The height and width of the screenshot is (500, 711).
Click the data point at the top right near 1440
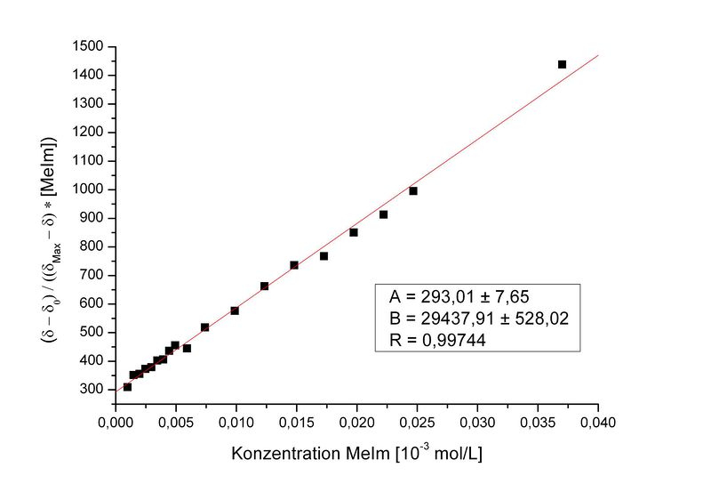[562, 64]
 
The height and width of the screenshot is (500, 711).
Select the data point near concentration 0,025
[413, 191]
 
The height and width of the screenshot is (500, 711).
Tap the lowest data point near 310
[127, 387]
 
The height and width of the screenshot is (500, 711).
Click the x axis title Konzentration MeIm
[356, 453]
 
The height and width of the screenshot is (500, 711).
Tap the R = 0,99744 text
[439, 340]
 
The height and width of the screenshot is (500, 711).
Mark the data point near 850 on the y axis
[354, 232]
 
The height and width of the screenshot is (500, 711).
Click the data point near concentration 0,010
[235, 310]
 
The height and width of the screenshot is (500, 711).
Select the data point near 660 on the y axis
[264, 286]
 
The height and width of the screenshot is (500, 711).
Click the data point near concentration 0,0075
[204, 327]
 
